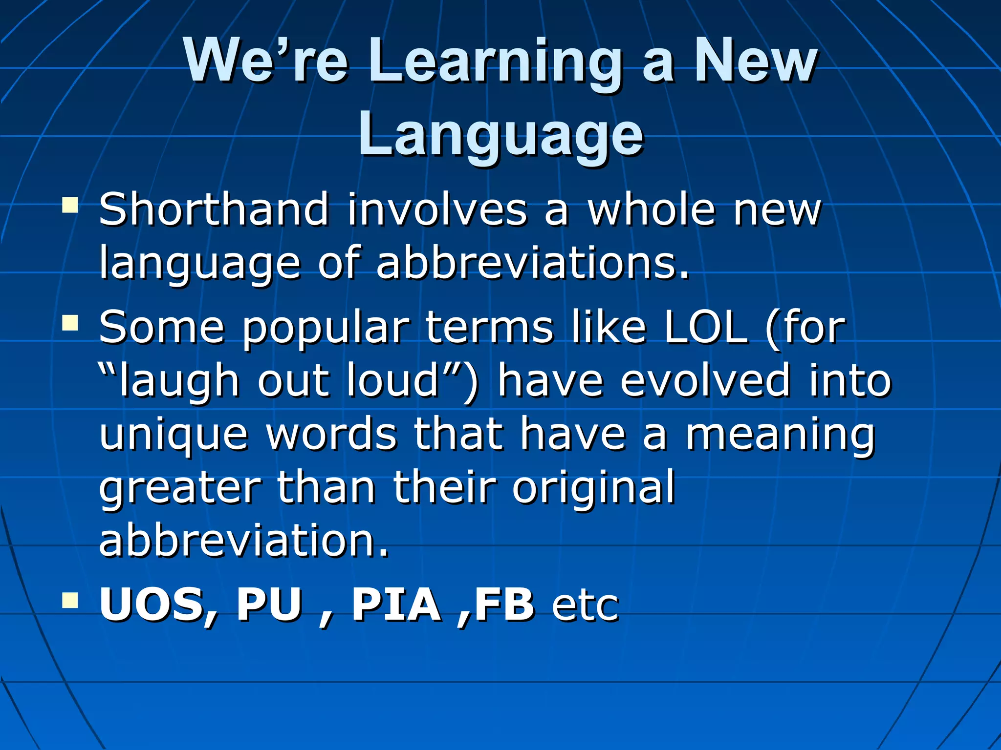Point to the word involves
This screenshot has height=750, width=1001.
[437, 210]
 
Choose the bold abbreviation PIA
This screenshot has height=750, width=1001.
[396, 604]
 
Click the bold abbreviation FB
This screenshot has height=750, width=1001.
[503, 604]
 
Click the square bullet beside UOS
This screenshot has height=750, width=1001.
[70, 600]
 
